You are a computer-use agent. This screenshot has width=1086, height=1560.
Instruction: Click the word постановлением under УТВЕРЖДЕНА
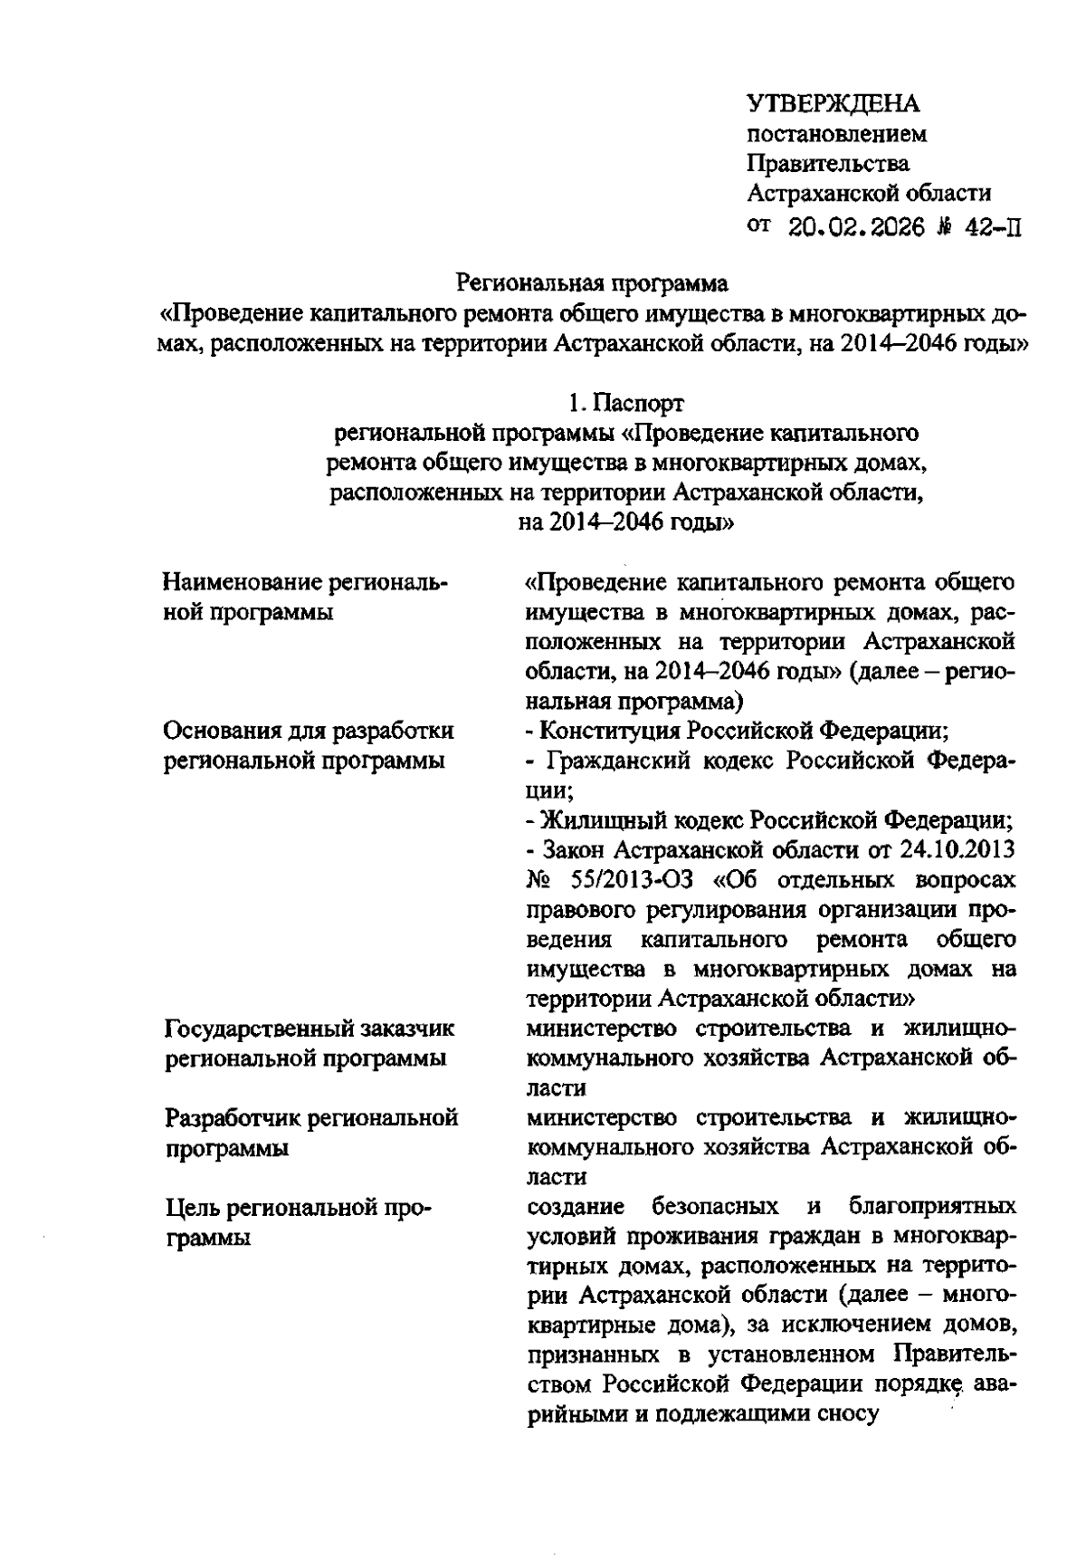click(x=836, y=135)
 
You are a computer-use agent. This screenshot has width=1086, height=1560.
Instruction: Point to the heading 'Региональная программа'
click(x=592, y=284)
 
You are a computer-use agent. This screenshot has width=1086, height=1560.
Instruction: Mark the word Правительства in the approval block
click(x=828, y=164)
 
